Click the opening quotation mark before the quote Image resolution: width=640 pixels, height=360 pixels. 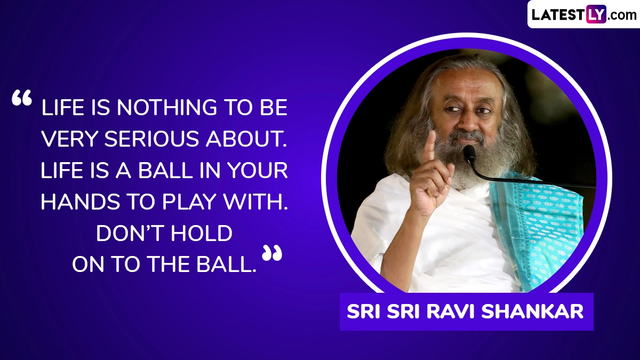click(x=22, y=99)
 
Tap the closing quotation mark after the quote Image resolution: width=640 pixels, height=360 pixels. click(x=271, y=253)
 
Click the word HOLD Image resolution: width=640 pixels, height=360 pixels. click(x=204, y=233)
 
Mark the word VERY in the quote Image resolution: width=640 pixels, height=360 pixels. click(x=69, y=139)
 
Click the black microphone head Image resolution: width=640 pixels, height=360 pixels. click(x=469, y=154)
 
